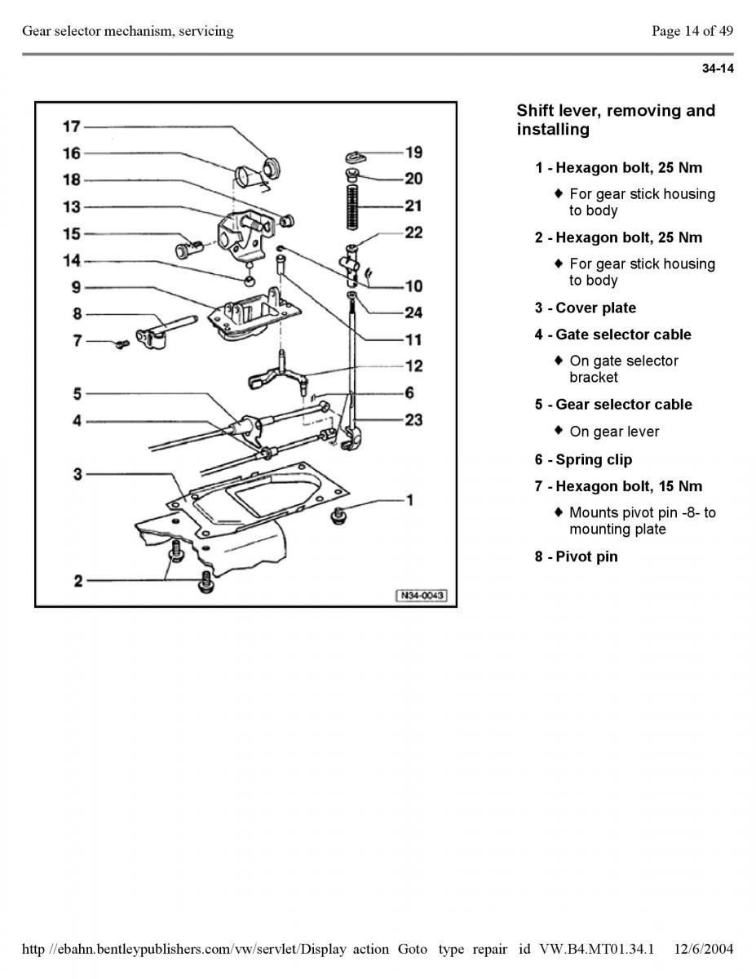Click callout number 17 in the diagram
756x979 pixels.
pyautogui.click(x=72, y=126)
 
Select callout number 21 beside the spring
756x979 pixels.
pyautogui.click(x=413, y=206)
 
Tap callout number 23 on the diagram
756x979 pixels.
pyautogui.click(x=413, y=419)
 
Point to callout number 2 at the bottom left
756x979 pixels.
pyautogui.click(x=78, y=581)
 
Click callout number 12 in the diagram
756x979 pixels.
pyautogui.click(x=413, y=365)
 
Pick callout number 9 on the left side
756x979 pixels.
pyautogui.click(x=76, y=287)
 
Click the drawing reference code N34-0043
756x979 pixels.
pyautogui.click(x=422, y=596)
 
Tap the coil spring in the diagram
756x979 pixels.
pyautogui.click(x=351, y=206)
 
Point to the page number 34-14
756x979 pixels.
pyautogui.click(x=718, y=69)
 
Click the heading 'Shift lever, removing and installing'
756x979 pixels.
pyautogui.click(x=616, y=120)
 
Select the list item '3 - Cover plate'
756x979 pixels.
pyautogui.click(x=586, y=308)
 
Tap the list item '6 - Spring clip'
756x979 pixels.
pyautogui.click(x=583, y=459)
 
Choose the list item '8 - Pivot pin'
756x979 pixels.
pyautogui.click(x=577, y=556)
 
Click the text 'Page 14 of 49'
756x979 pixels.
pyautogui.click(x=692, y=31)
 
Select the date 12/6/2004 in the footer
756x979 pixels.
pyautogui.click(x=705, y=949)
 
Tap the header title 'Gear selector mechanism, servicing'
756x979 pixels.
pyautogui.click(x=128, y=31)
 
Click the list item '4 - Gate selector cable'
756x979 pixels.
pyautogui.click(x=613, y=334)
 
